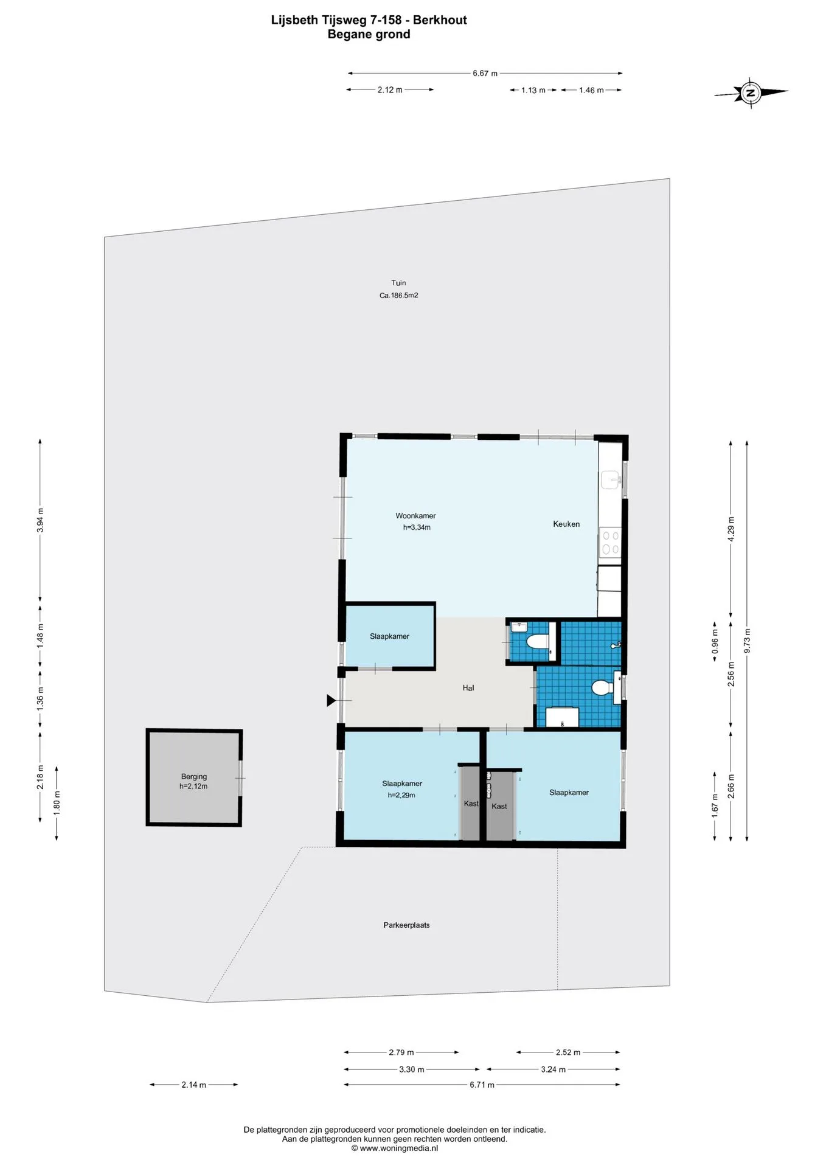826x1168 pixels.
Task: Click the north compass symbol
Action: point(751,93)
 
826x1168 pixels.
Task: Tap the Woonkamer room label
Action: point(415,516)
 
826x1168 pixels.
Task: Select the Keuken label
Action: point(566,524)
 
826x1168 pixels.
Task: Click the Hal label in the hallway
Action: point(468,688)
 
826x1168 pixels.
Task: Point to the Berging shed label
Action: point(194,776)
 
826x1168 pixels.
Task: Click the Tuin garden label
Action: point(398,283)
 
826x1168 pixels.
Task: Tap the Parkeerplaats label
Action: point(406,925)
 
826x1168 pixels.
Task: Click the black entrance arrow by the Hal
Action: point(331,701)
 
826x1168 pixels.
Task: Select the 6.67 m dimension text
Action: point(485,74)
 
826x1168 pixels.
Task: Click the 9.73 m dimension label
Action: point(748,641)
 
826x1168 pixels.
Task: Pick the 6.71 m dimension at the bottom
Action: point(482,1085)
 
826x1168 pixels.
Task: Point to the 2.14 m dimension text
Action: point(193,1085)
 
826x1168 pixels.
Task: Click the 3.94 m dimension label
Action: point(41,520)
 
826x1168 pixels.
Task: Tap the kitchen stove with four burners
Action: point(610,542)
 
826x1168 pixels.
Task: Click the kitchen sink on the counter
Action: point(611,480)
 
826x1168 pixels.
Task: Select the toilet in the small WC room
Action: point(537,641)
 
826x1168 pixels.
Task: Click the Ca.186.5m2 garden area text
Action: point(399,296)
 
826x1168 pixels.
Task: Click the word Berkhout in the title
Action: point(440,20)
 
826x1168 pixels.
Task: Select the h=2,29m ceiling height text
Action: point(401,795)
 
